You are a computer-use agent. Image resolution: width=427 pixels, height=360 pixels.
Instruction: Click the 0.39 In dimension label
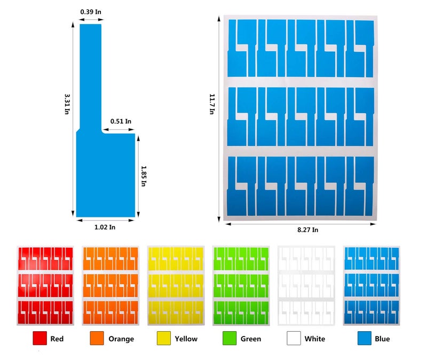[91, 12]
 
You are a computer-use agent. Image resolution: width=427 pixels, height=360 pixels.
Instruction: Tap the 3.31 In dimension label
[67, 104]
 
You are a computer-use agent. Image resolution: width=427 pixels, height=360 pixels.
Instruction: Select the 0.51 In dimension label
[121, 121]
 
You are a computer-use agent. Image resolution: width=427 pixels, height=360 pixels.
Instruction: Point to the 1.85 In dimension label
[144, 176]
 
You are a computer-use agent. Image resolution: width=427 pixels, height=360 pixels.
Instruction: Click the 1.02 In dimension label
[105, 227]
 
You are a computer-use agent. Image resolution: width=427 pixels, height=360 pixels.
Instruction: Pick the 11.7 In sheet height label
[212, 104]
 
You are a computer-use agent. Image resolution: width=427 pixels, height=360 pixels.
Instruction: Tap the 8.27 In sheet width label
[308, 230]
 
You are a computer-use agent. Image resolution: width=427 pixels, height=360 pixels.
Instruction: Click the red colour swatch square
[39, 338]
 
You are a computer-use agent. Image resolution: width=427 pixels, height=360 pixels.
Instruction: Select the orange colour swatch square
[97, 338]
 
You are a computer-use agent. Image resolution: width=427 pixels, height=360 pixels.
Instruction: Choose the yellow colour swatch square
[164, 338]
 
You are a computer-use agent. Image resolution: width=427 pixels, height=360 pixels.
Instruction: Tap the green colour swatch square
[230, 338]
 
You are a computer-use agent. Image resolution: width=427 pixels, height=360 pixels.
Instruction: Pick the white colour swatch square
[294, 338]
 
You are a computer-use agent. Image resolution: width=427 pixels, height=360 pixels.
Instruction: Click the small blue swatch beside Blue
[365, 338]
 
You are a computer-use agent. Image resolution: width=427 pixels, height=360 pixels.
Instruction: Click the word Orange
[121, 339]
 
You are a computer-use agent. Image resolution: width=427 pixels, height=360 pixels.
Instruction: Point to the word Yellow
[186, 339]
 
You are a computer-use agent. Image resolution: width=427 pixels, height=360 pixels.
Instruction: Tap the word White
[315, 339]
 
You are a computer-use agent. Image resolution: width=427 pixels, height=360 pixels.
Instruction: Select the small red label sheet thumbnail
[45, 286]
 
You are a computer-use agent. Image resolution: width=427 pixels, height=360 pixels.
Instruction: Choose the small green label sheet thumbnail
[241, 286]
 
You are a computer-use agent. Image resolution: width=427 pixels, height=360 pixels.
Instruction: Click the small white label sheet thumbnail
[306, 286]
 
